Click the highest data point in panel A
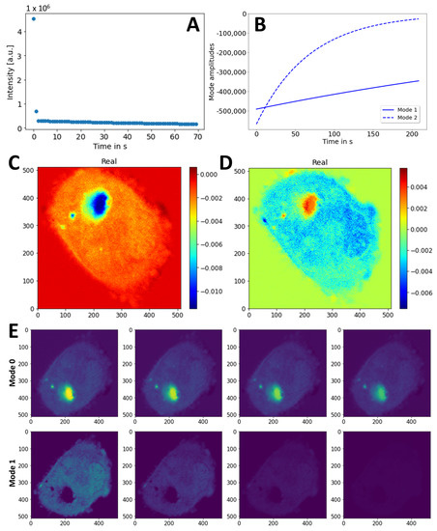tap(34, 18)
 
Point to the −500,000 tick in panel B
tap(235, 108)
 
